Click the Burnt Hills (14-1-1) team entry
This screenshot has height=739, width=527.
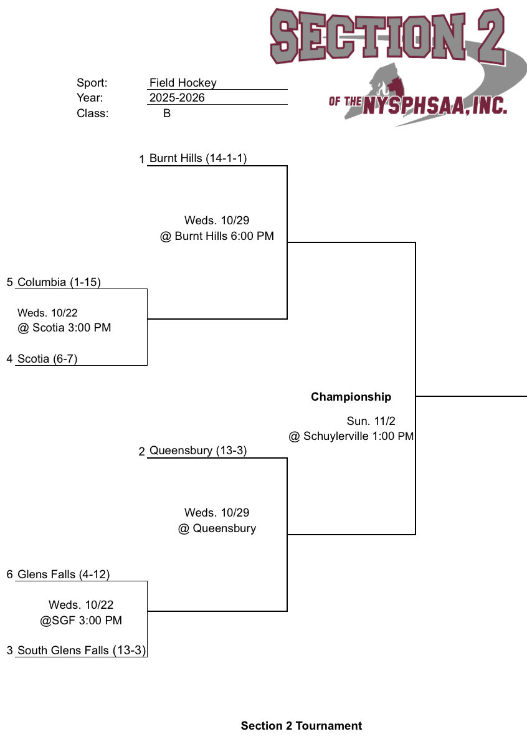coord(198,158)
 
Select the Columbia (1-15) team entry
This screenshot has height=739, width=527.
coord(59,282)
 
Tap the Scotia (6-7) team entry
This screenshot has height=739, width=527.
coord(47,358)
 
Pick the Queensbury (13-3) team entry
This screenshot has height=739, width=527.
coord(198,451)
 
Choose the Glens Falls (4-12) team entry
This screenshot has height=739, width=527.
coord(64,575)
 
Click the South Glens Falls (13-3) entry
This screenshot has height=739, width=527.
coord(82,651)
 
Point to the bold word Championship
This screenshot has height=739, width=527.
coord(351,397)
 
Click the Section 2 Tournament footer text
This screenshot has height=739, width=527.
coord(301,726)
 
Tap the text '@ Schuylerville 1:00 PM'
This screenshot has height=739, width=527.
coord(351,436)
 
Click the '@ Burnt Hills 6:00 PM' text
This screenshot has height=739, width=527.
coord(217,236)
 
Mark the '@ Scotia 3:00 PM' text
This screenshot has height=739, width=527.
coord(64,328)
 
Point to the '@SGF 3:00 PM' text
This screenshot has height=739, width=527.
coord(81,621)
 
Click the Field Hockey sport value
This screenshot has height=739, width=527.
coord(183,83)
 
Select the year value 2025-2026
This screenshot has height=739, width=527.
coord(177,98)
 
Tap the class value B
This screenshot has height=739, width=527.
coord(167,113)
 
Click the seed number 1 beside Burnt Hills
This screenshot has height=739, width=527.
coord(142,160)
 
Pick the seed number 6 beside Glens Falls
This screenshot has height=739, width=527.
coord(9,575)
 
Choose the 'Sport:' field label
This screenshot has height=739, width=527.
coord(92,83)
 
